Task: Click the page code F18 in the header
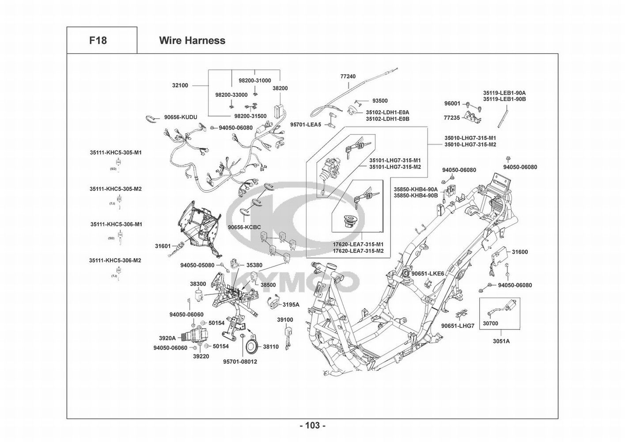point(98,41)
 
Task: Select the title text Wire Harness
point(192,41)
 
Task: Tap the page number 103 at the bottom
point(312,426)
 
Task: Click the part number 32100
point(180,85)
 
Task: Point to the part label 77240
point(348,76)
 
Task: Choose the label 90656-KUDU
point(180,117)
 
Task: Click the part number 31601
point(163,246)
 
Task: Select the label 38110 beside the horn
point(271,347)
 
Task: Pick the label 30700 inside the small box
point(490,323)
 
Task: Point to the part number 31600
point(520,252)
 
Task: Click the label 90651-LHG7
point(458,326)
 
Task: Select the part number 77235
point(451,118)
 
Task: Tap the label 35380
point(254,266)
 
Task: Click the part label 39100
point(285,320)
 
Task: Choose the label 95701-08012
point(240,362)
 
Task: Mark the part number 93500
point(380,101)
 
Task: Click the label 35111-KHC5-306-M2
point(115,260)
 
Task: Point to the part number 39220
point(201,356)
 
